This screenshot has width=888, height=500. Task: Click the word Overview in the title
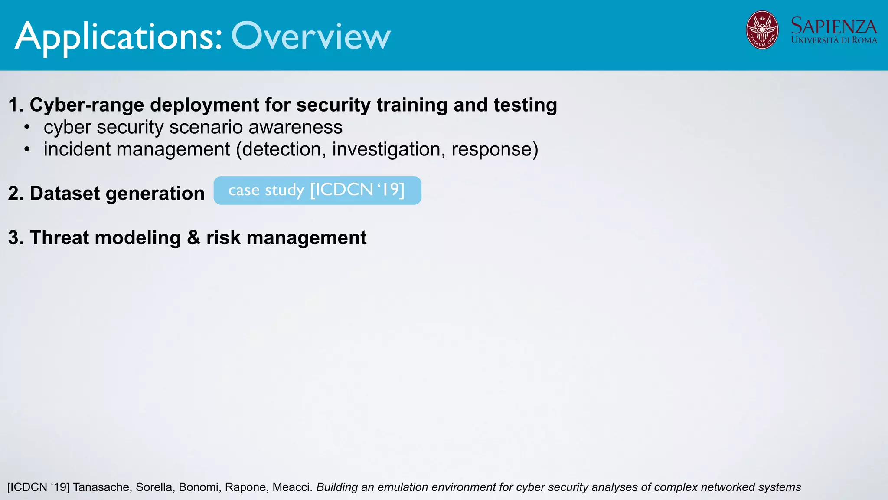(x=311, y=36)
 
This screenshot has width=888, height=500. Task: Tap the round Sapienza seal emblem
(x=762, y=30)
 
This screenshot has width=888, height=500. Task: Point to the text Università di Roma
(x=833, y=40)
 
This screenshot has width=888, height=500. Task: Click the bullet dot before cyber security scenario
(x=27, y=128)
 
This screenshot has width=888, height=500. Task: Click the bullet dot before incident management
(x=27, y=150)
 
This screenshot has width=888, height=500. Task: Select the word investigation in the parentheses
(x=388, y=150)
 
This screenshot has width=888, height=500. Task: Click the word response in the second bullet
(x=492, y=150)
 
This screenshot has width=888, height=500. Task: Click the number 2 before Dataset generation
(x=13, y=194)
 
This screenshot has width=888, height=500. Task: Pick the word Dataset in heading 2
(x=65, y=194)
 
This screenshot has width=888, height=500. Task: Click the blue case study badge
(x=317, y=191)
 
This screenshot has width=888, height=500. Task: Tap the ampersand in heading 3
(x=193, y=238)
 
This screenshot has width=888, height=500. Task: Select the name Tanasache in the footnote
(x=101, y=487)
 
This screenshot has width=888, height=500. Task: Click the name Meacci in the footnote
(x=292, y=487)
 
